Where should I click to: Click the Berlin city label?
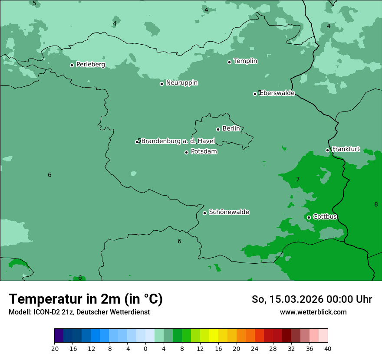(x=231, y=129)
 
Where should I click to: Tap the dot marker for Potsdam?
(x=187, y=152)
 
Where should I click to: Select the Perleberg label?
(x=90, y=65)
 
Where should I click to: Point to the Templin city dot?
(x=229, y=62)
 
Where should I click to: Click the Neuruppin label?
(x=181, y=83)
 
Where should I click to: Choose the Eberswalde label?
(x=277, y=93)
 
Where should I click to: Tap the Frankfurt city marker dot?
(x=328, y=150)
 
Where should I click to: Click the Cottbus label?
(x=325, y=217)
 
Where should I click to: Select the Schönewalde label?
(x=229, y=212)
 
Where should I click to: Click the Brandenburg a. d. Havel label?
(x=178, y=141)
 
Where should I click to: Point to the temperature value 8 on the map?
(x=376, y=204)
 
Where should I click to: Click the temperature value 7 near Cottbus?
(x=298, y=179)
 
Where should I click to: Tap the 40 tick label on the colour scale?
(x=327, y=348)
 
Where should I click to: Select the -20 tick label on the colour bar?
(x=54, y=348)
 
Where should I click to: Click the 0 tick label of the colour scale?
(x=145, y=348)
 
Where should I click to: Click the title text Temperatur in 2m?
(x=86, y=299)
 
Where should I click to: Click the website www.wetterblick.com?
(x=313, y=312)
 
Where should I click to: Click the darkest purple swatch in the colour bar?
(x=59, y=336)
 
